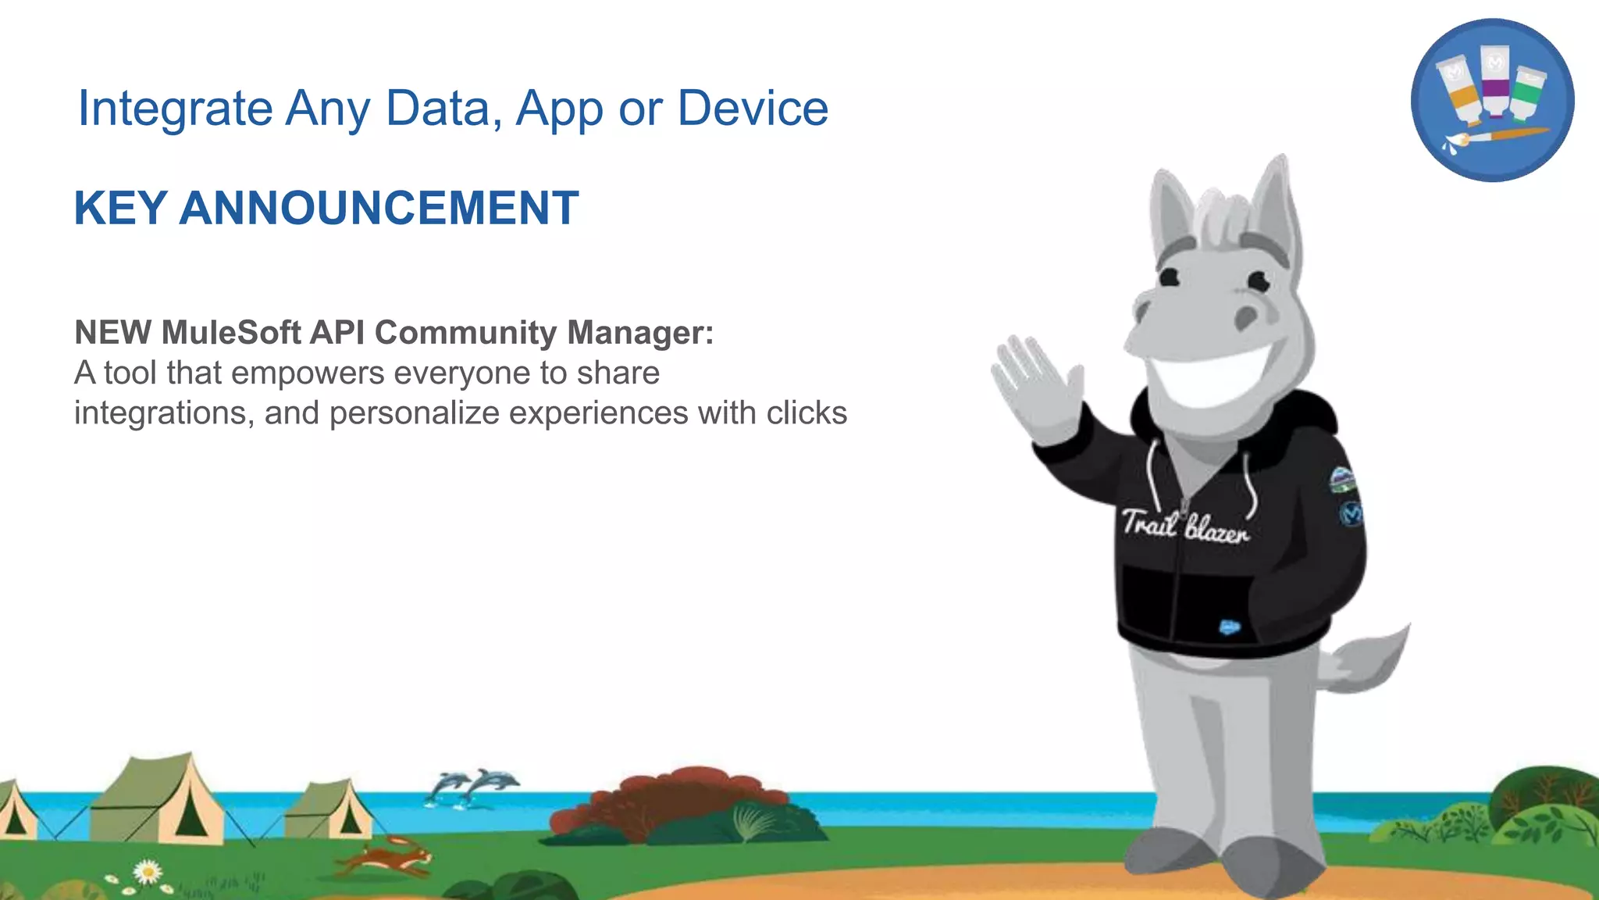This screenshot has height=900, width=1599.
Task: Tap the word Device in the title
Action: (753, 108)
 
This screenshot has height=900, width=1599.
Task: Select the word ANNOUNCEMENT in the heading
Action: (379, 208)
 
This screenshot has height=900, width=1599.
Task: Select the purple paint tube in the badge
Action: (1494, 80)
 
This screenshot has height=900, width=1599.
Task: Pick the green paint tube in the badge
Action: (1527, 94)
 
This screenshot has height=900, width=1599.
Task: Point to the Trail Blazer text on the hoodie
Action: (1184, 525)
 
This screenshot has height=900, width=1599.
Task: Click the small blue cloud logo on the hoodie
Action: (1230, 627)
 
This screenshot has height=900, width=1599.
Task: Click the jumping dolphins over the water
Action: (472, 785)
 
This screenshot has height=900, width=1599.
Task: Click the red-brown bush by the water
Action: (671, 797)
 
